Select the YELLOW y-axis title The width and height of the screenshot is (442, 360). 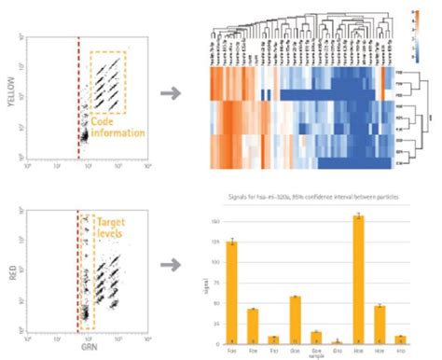point(11,80)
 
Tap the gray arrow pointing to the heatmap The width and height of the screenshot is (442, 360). point(171,91)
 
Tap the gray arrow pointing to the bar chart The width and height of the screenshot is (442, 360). point(171,264)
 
